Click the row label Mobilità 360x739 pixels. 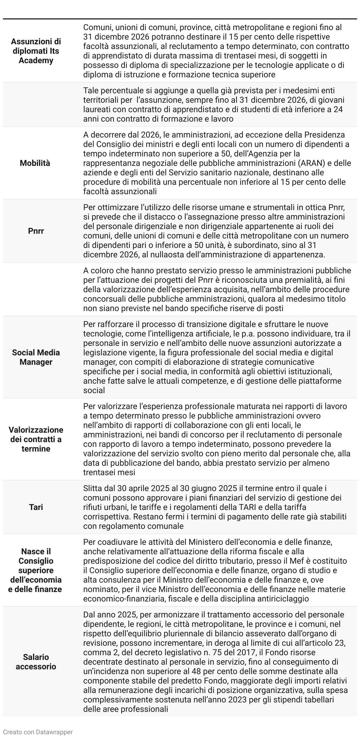point(35,163)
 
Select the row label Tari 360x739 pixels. point(36,507)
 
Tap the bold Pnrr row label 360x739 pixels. point(36,231)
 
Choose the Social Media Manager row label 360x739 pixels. point(36,357)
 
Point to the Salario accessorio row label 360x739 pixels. point(36,662)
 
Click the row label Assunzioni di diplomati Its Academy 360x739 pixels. point(36,51)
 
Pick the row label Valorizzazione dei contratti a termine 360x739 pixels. point(36,439)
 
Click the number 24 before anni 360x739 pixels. point(338,109)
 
